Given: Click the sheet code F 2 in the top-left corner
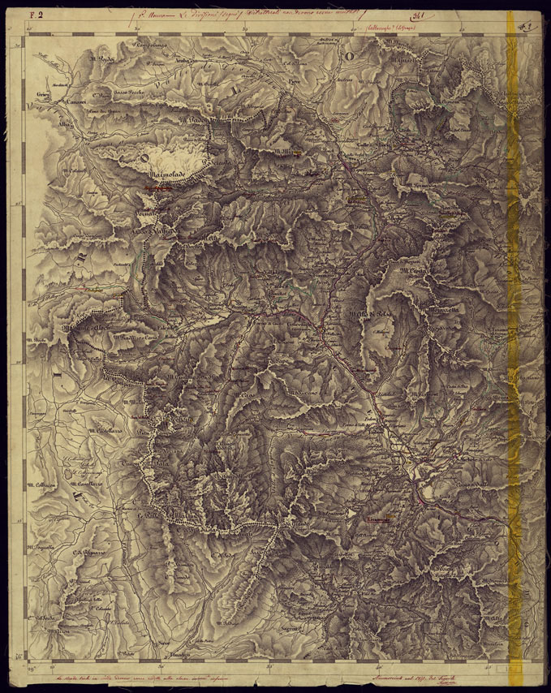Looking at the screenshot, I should [36, 14].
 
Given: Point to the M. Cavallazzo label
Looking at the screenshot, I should [85, 484].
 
